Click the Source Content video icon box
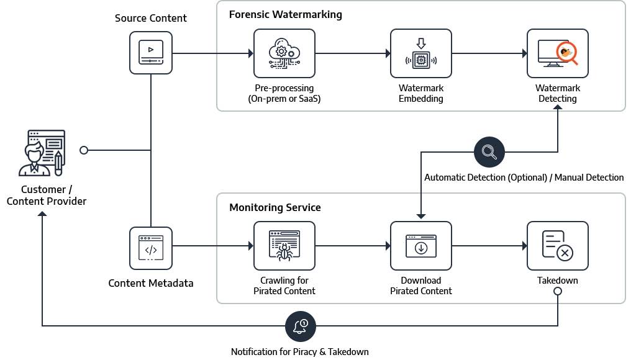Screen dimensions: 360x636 [x=151, y=53]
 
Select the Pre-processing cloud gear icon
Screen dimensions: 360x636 [x=284, y=53]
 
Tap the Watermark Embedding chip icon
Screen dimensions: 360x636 [x=420, y=53]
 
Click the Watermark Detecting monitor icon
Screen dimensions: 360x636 [x=557, y=53]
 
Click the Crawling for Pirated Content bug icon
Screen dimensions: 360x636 [x=284, y=246]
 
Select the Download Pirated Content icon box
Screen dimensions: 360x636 [x=420, y=246]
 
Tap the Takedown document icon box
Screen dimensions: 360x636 [x=557, y=246]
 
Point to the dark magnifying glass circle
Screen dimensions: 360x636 [x=489, y=151]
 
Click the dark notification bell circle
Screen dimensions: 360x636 [x=301, y=325]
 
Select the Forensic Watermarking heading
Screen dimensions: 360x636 [x=286, y=14]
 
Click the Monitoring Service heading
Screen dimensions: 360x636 [x=275, y=207]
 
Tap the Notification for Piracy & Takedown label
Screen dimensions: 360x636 [x=300, y=352]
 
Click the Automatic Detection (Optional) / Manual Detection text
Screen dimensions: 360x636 [x=524, y=178]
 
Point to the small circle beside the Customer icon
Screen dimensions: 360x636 [x=84, y=150]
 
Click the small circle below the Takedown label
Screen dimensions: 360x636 [x=557, y=291]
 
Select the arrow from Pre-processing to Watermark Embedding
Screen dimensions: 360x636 [x=353, y=53]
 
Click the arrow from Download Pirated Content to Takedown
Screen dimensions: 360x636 [x=489, y=246]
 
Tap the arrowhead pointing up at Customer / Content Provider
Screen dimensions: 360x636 [x=42, y=214]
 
